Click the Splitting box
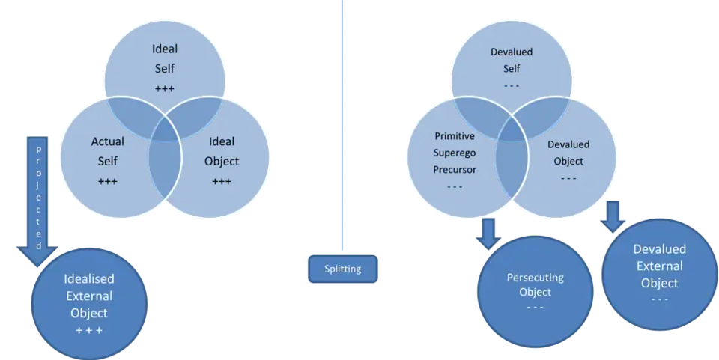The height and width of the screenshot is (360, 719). [x=343, y=269]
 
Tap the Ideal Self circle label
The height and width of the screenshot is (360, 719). [x=164, y=58]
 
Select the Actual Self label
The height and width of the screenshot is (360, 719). [x=108, y=150]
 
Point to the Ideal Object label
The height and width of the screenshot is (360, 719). [x=221, y=150]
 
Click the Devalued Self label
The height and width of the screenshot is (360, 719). [x=511, y=60]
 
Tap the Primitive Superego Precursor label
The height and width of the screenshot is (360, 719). [x=454, y=153]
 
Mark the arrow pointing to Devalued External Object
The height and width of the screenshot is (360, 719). [x=613, y=215]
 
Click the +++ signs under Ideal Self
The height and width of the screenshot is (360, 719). [x=164, y=89]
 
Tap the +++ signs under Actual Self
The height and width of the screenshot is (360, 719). [x=108, y=181]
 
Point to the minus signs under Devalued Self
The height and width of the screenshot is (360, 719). [x=511, y=86]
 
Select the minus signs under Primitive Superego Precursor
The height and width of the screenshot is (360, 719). [x=454, y=186]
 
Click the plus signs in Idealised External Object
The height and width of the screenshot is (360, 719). [x=88, y=330]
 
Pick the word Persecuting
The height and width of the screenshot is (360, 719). [x=535, y=278]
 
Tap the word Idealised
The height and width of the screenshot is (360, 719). [x=89, y=278]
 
